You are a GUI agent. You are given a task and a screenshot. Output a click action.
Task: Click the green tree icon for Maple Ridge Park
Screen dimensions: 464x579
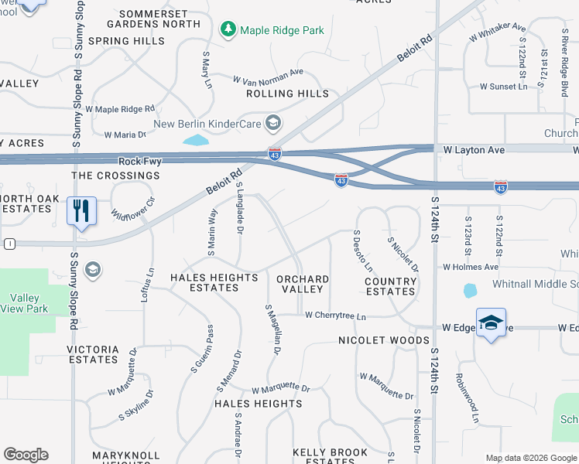[228, 30]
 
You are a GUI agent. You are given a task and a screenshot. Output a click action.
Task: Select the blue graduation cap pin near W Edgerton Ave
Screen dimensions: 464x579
[490, 322]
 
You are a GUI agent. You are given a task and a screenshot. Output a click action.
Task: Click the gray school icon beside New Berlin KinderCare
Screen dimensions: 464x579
[272, 123]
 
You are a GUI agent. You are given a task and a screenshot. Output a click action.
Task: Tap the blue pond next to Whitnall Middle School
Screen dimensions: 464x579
[470, 291]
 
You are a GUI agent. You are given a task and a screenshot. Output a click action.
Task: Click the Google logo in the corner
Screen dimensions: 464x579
[26, 455]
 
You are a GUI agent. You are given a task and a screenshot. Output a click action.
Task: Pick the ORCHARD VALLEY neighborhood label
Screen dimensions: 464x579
[303, 284]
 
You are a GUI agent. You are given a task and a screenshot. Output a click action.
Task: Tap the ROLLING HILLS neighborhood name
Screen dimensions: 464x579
[287, 94]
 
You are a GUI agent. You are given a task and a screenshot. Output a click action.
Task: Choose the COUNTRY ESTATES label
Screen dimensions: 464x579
[390, 286]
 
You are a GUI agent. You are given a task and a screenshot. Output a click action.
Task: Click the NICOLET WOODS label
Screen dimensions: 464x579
[383, 340]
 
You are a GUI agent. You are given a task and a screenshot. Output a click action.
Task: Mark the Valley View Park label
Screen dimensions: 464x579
[29, 303]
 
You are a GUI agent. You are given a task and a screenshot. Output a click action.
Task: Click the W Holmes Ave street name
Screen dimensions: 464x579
[470, 267]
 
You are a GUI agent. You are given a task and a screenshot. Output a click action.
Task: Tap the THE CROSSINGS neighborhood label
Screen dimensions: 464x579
[115, 176]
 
